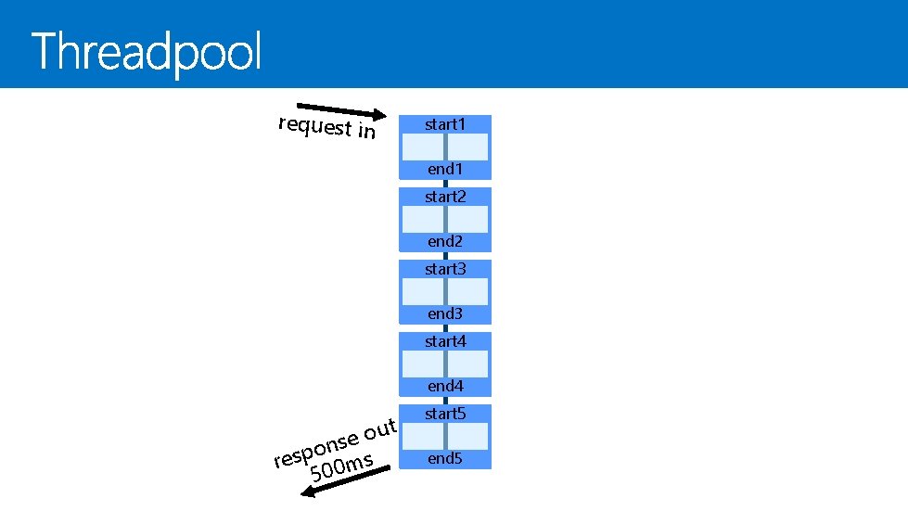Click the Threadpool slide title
[x=147, y=52]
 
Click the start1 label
[x=444, y=124]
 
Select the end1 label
[x=444, y=169]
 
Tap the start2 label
[x=444, y=197]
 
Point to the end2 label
[x=444, y=241]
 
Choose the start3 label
[x=444, y=269]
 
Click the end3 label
[x=444, y=313]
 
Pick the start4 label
[x=444, y=341]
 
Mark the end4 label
[x=444, y=386]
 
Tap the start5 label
[x=444, y=414]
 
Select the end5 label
[x=444, y=458]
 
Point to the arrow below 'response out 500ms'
[x=348, y=481]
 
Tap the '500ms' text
[x=341, y=466]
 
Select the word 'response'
[x=315, y=447]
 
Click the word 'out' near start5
[x=380, y=428]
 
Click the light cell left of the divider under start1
[x=422, y=147]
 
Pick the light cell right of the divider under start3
[x=467, y=292]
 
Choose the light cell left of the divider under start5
[x=422, y=436]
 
